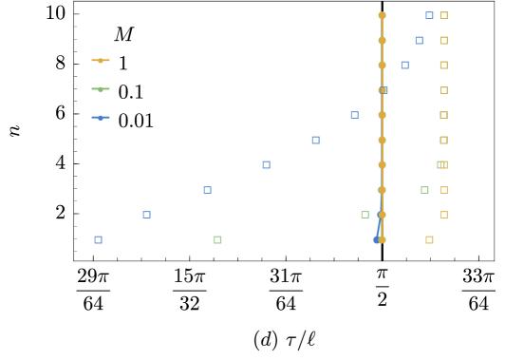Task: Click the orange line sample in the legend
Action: (101, 60)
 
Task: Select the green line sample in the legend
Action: (101, 89)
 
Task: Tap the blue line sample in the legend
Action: (101, 118)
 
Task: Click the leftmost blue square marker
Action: (98, 239)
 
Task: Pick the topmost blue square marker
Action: (429, 15)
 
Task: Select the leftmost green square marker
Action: (217, 239)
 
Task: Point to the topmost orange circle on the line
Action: (382, 15)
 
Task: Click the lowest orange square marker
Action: (429, 239)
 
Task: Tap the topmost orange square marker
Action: (443, 15)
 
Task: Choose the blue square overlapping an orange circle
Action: (383, 90)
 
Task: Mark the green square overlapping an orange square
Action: (441, 164)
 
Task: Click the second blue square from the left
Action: (146, 215)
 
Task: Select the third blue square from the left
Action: (207, 190)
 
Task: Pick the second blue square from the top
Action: (419, 40)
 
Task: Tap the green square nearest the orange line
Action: (365, 215)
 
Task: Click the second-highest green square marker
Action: (424, 190)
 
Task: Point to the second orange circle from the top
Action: (382, 40)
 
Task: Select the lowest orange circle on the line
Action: (382, 239)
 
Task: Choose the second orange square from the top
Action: (443, 40)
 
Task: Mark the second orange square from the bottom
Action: (443, 215)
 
